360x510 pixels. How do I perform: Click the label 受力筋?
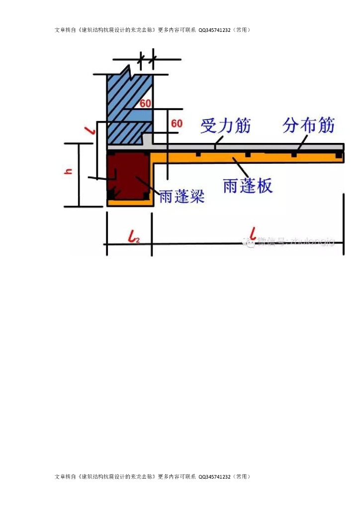click(226, 126)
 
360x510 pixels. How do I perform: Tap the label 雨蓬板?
click(248, 186)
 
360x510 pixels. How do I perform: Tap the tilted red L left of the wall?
click(90, 130)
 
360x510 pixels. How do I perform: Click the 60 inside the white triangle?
click(145, 104)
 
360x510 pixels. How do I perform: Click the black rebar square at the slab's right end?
click(339, 156)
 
